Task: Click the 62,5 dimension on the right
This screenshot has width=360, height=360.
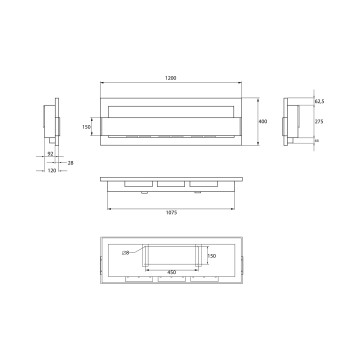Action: point(320,102)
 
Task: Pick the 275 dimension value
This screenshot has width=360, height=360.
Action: point(320,122)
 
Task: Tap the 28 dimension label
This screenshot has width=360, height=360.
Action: point(70,161)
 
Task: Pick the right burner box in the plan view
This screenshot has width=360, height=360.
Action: point(206,186)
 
